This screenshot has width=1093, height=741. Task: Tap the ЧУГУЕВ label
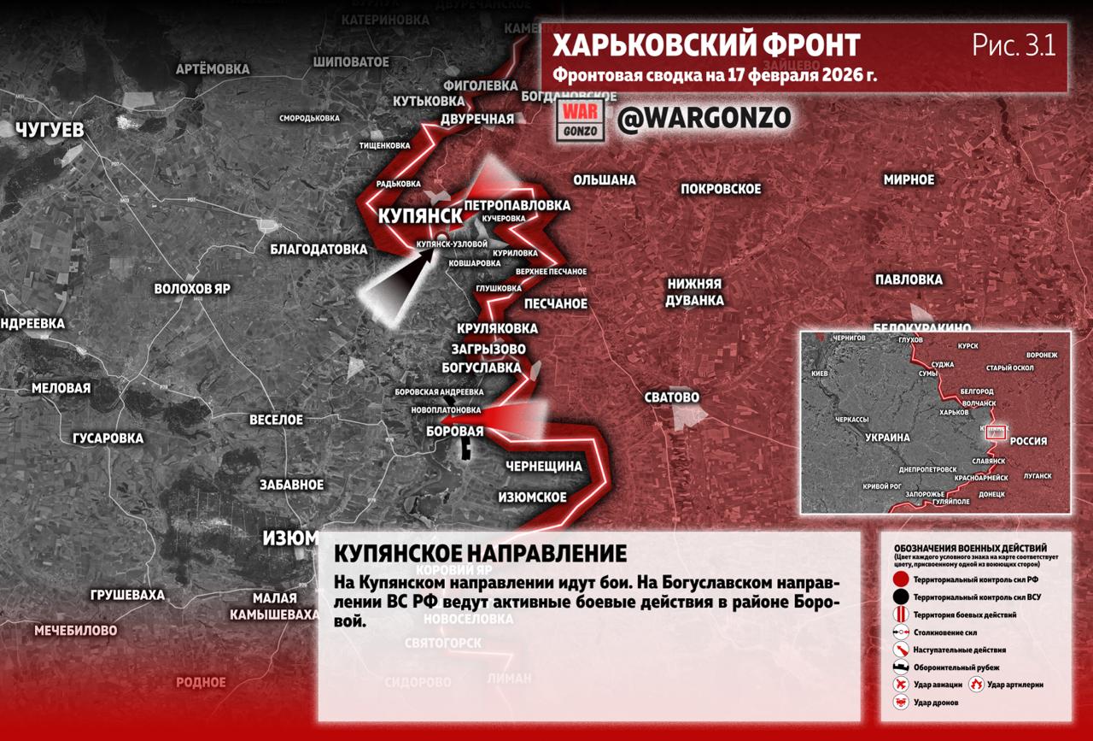pos(50,131)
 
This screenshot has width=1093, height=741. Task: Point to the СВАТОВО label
pos(672,397)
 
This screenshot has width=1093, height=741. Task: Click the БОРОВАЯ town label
pos(454,432)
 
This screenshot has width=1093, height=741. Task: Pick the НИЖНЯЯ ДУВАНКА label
pos(695,292)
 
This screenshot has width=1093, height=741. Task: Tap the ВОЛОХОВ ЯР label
pos(192,289)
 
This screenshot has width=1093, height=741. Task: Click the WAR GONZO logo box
pos(582,121)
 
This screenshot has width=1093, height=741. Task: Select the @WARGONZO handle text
pos(704,119)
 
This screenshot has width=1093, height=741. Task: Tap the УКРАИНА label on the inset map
pos(887,438)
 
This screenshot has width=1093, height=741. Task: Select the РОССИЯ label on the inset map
pos(1028,442)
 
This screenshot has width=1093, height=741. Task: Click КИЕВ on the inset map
pos(820,374)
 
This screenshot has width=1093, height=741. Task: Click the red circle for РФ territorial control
pos(900,579)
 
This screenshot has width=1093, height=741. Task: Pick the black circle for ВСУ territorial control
pos(900,597)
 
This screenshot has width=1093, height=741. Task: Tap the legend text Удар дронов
pos(936,703)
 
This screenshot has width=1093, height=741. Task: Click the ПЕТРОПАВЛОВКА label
pos(517,206)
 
